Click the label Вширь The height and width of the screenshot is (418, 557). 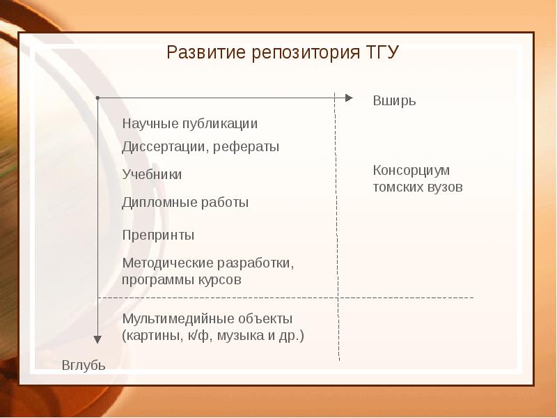[x=394, y=100]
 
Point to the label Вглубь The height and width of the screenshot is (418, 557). [x=84, y=365]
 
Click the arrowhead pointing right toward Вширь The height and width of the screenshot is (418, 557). [x=350, y=98]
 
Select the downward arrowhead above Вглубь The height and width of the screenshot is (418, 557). [x=98, y=339]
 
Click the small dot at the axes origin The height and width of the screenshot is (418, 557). [x=98, y=98]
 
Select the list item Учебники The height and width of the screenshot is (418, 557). [x=152, y=175]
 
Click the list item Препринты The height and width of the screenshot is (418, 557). [x=158, y=235]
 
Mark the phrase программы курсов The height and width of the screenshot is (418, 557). [x=182, y=280]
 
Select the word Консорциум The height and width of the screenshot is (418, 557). [x=411, y=171]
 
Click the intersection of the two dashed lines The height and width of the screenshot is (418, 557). [x=338, y=297]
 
